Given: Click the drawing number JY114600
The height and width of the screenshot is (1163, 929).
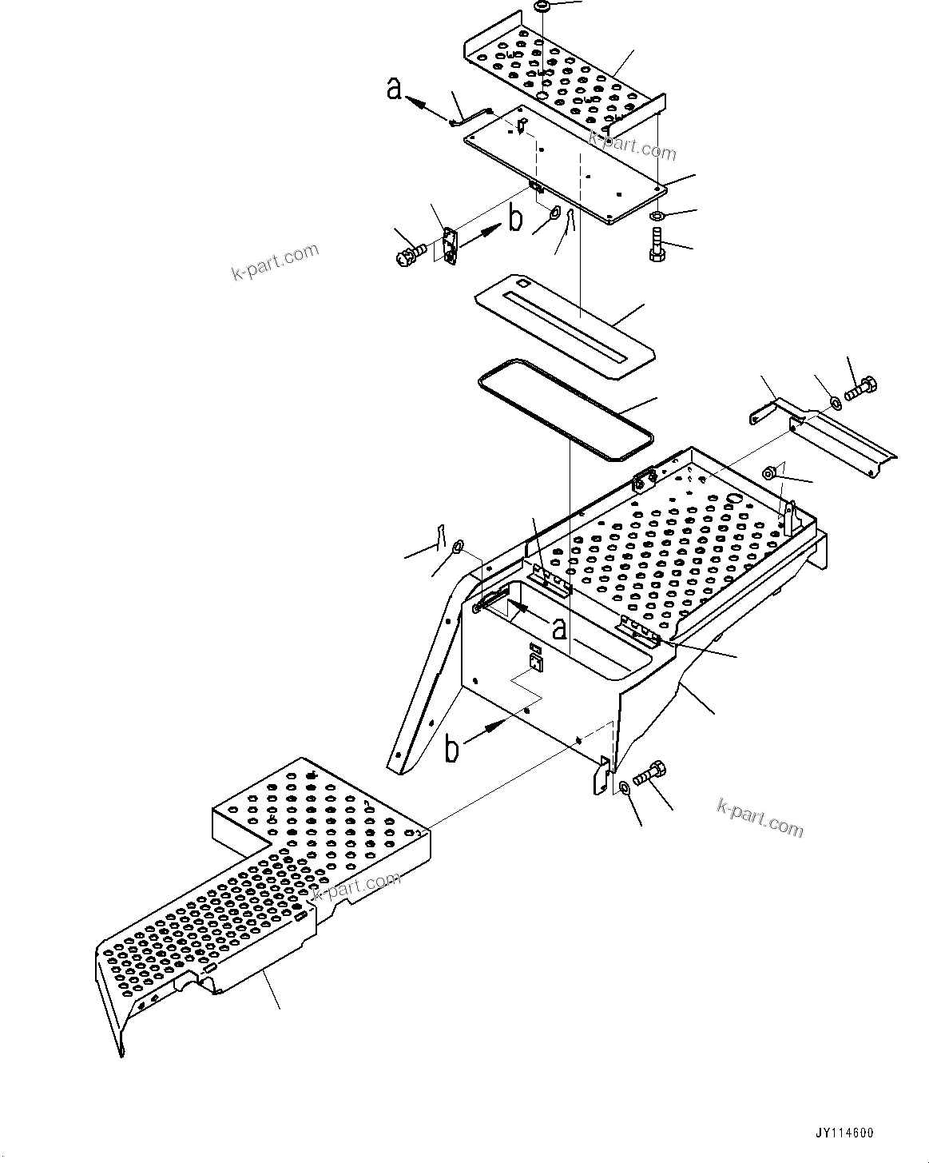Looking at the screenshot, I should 844,1133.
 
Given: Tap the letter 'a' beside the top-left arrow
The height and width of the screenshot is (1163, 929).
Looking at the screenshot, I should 394,89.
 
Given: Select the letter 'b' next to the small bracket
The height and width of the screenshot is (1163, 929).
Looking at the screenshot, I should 515,219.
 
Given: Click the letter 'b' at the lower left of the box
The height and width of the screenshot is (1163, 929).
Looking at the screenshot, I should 452,749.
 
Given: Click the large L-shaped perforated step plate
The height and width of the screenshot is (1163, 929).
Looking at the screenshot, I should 264,895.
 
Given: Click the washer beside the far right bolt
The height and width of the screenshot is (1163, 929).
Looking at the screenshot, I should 835,403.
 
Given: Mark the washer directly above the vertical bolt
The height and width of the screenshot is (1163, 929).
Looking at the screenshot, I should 656,216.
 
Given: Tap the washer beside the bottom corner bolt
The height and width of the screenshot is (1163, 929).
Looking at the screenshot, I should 624,789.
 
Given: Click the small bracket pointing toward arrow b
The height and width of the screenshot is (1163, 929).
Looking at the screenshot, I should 450,245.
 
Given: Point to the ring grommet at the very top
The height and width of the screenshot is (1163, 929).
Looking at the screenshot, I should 541,6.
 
